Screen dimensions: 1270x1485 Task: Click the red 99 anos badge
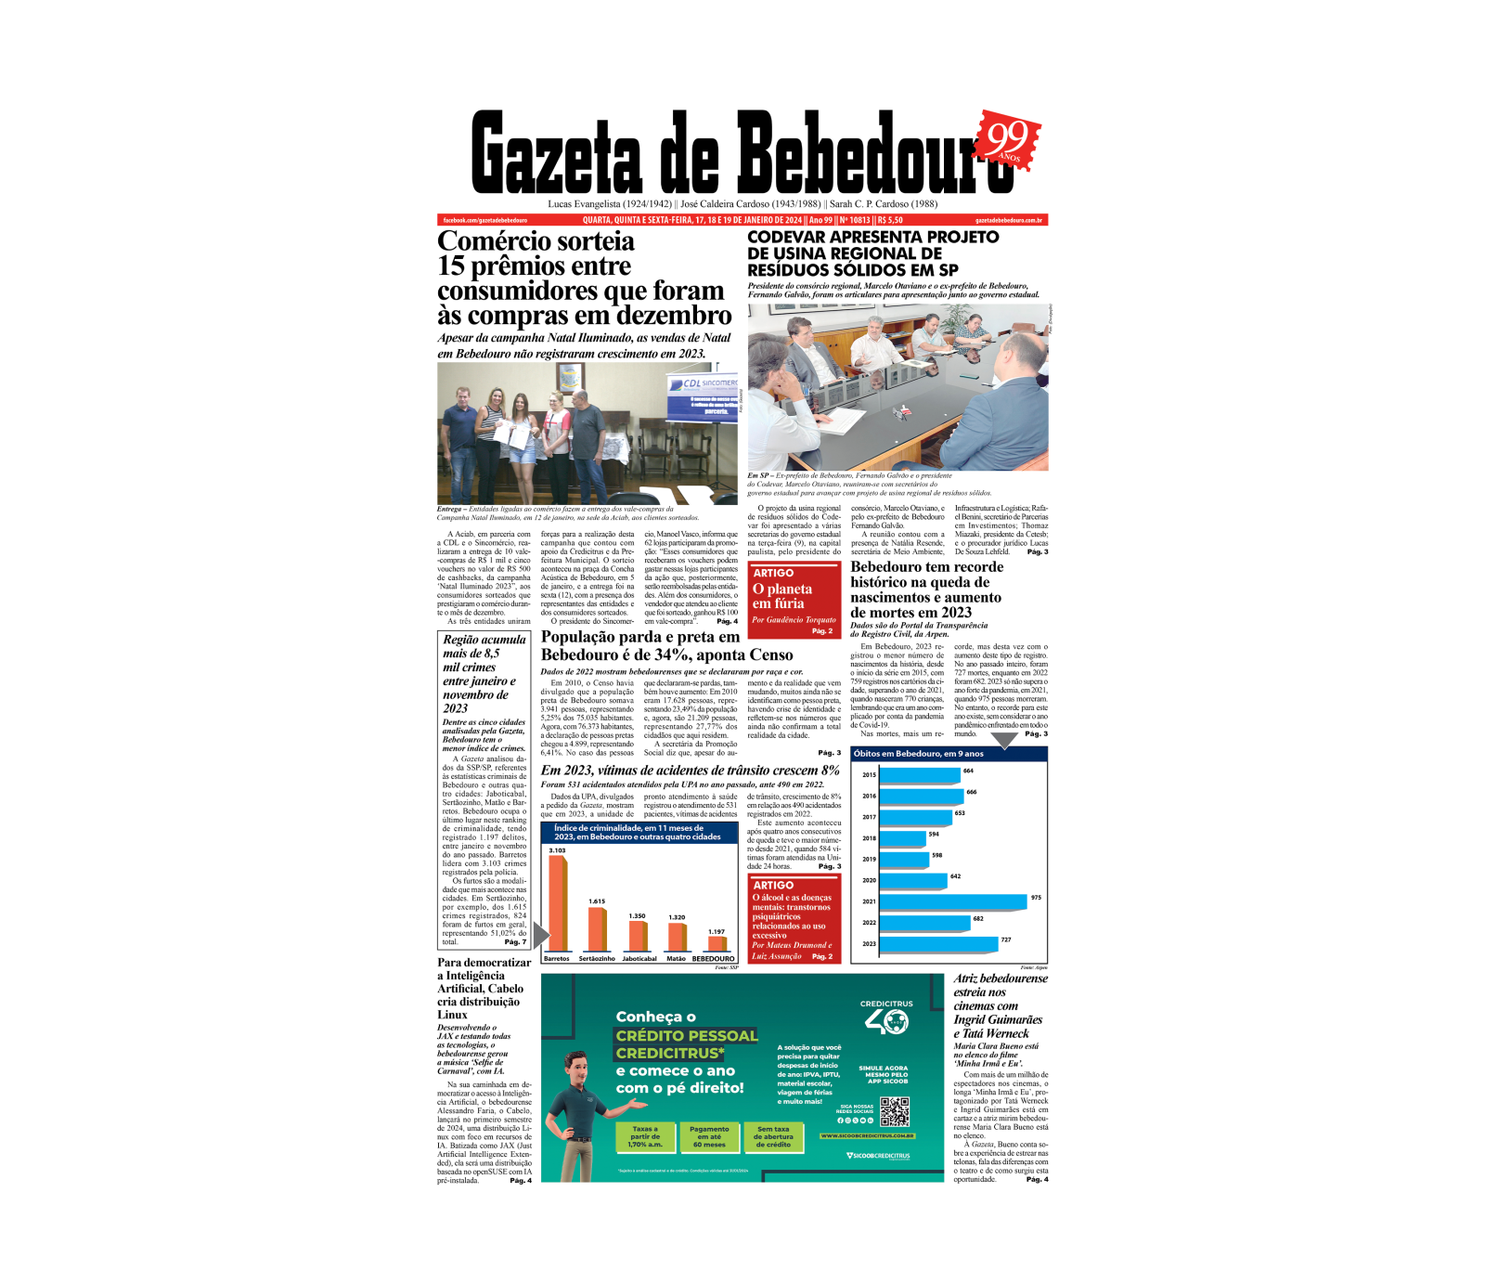(1009, 140)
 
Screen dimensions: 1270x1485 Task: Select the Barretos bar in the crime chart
(558, 902)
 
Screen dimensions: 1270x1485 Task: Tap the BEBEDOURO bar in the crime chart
(716, 944)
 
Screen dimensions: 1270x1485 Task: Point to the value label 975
(1036, 898)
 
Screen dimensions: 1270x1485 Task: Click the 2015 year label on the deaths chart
(869, 775)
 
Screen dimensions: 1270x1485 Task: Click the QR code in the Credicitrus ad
(894, 1111)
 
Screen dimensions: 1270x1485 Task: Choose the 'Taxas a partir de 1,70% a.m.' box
(645, 1137)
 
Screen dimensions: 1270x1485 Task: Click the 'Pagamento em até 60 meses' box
(709, 1137)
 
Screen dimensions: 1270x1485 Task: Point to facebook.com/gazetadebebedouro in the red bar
(484, 220)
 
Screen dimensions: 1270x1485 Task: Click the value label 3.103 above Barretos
(557, 850)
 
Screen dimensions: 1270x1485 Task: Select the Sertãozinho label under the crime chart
(597, 959)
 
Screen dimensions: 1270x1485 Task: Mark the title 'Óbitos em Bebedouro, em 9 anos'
(918, 754)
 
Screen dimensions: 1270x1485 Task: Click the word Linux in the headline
(453, 1015)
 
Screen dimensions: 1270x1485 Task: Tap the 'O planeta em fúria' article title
(781, 596)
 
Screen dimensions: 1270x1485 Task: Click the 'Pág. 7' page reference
(515, 942)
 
